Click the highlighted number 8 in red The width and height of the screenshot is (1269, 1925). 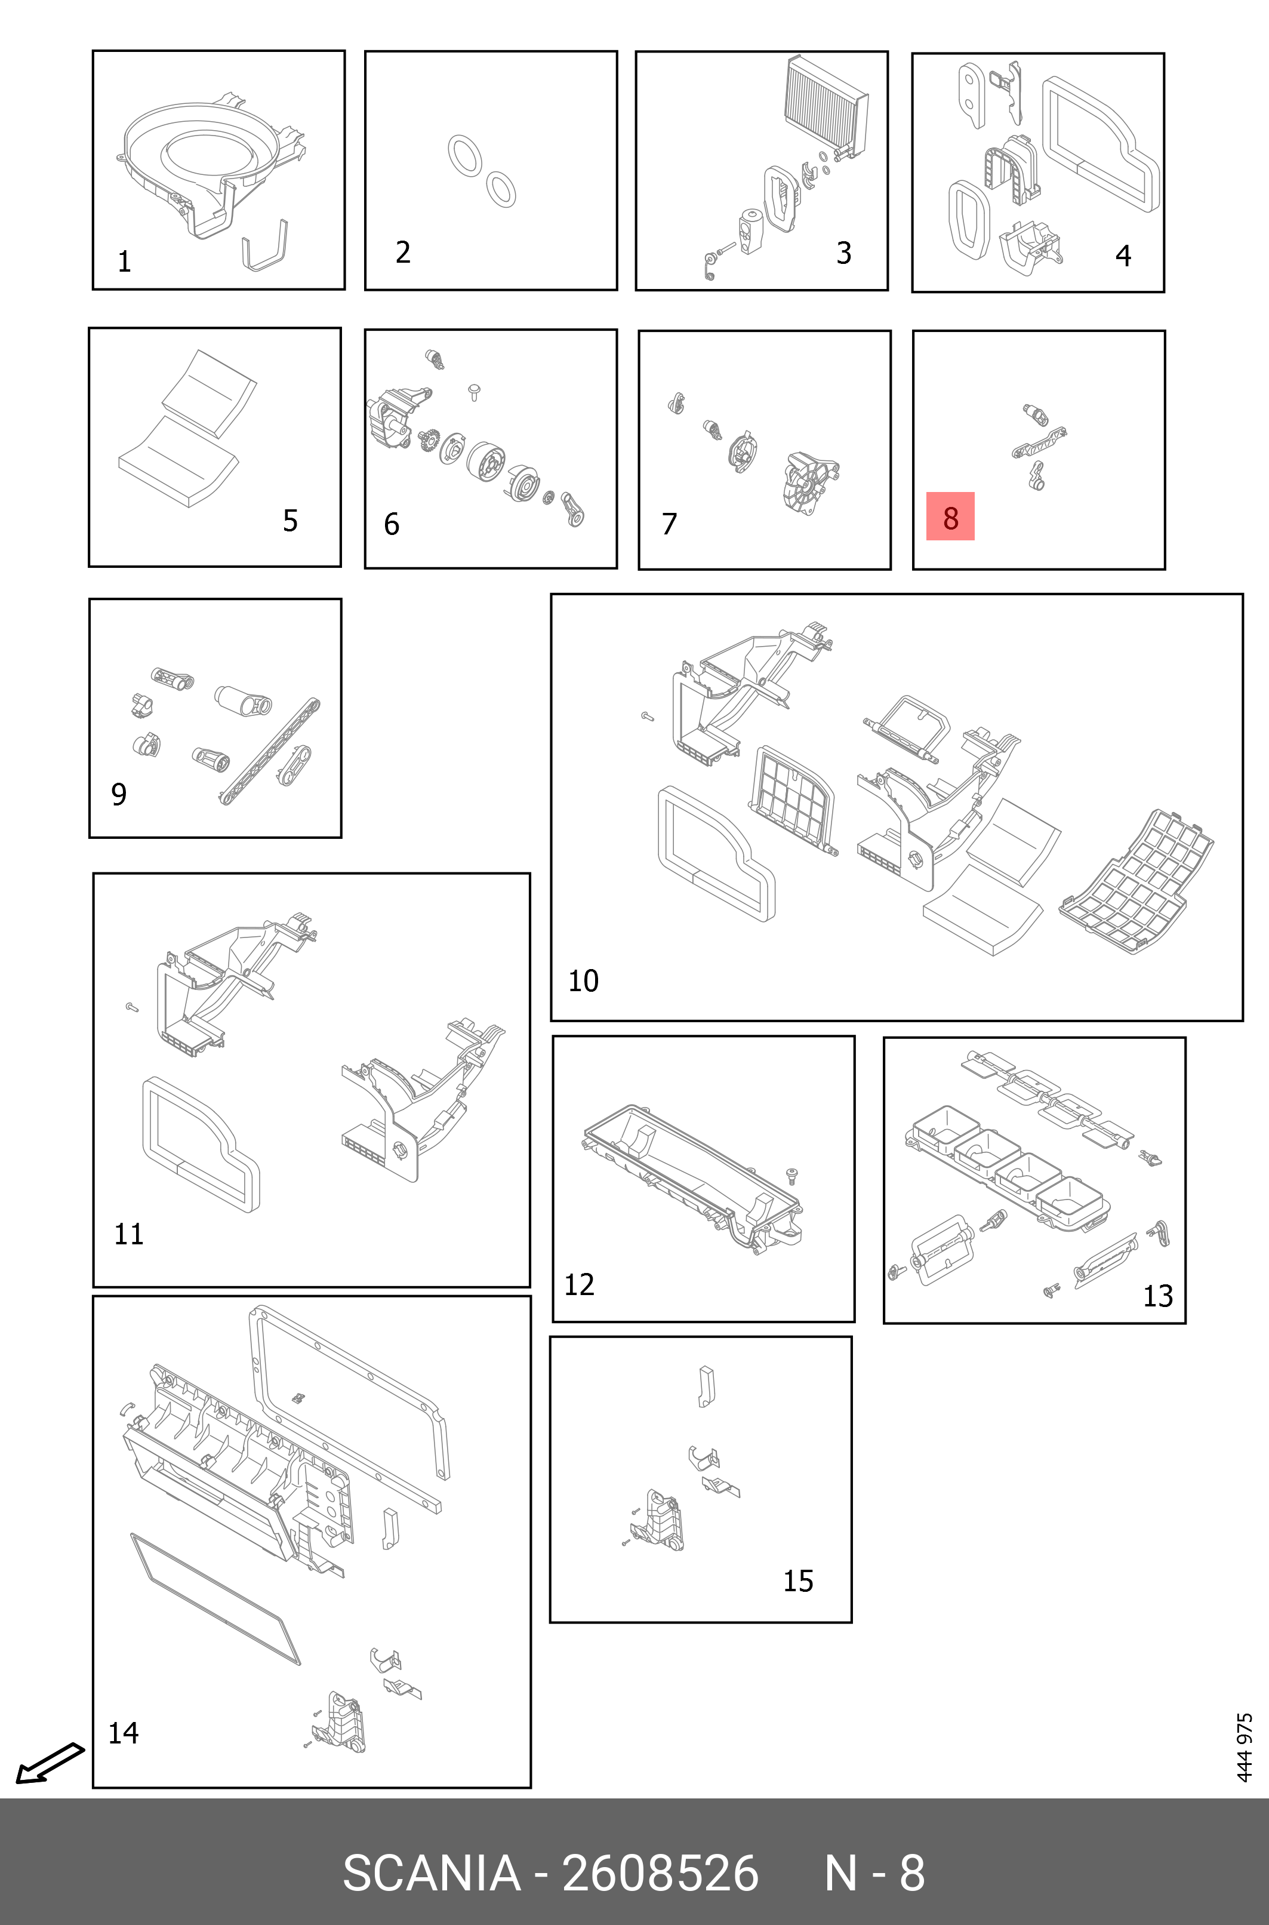(x=950, y=516)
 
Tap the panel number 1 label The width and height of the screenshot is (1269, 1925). (x=124, y=262)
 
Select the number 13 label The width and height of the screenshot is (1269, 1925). (x=1157, y=1296)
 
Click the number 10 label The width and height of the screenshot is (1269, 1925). (x=583, y=981)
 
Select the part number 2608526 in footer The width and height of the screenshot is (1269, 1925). (x=660, y=1873)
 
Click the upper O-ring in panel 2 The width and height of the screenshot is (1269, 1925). (x=464, y=155)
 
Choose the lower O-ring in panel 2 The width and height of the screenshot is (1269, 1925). (x=501, y=189)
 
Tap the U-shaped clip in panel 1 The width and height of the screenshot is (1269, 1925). (x=266, y=247)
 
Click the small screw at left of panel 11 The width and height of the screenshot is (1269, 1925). (x=132, y=1007)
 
